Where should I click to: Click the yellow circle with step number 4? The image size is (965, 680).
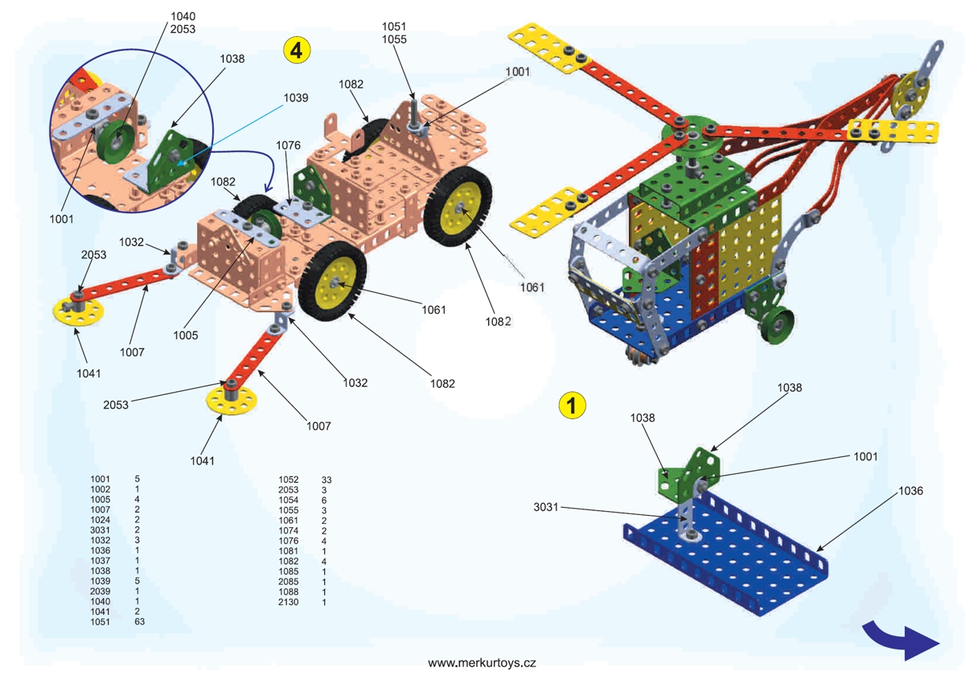297,50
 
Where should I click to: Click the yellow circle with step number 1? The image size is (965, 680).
572,405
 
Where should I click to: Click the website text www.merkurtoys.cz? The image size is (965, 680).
482,663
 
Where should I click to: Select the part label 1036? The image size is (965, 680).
910,490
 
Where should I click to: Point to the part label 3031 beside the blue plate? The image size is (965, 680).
545,507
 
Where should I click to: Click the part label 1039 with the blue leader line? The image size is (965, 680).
296,97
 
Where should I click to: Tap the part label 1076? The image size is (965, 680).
287,146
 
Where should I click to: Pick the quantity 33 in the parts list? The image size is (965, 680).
326,480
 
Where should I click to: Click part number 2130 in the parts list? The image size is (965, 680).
289,602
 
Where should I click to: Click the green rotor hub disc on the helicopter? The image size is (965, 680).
692,138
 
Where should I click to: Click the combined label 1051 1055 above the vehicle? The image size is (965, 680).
395,32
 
